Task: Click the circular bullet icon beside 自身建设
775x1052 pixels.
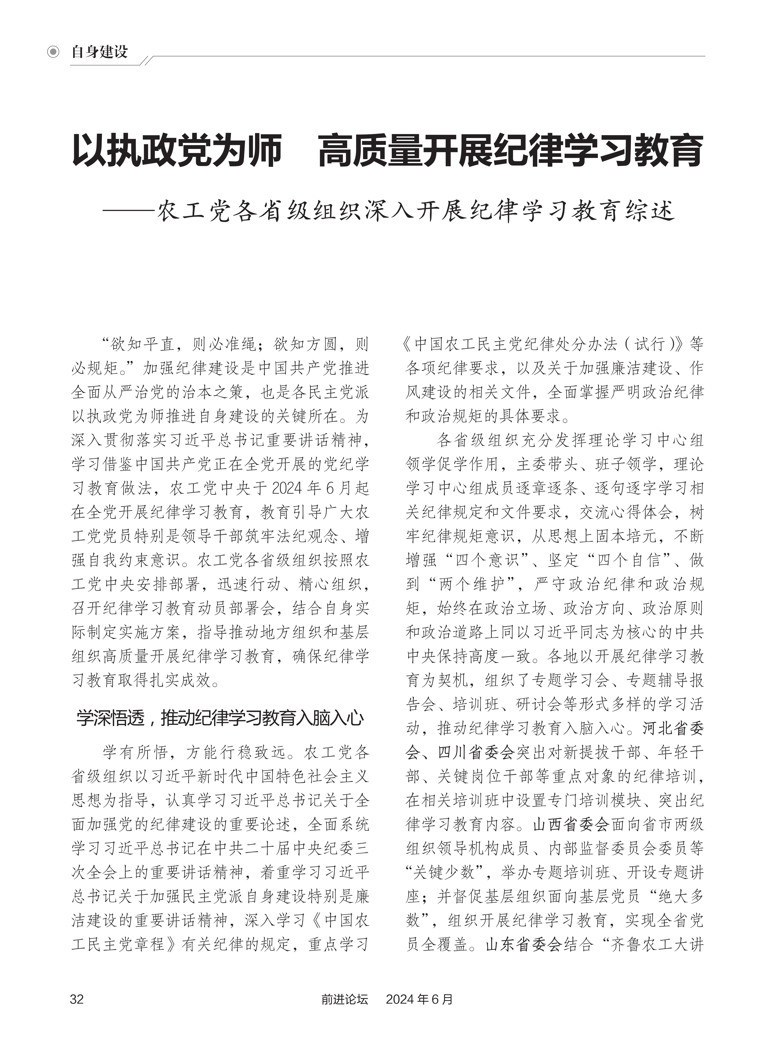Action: (x=53, y=52)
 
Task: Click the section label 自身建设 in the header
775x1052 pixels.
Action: (x=100, y=52)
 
